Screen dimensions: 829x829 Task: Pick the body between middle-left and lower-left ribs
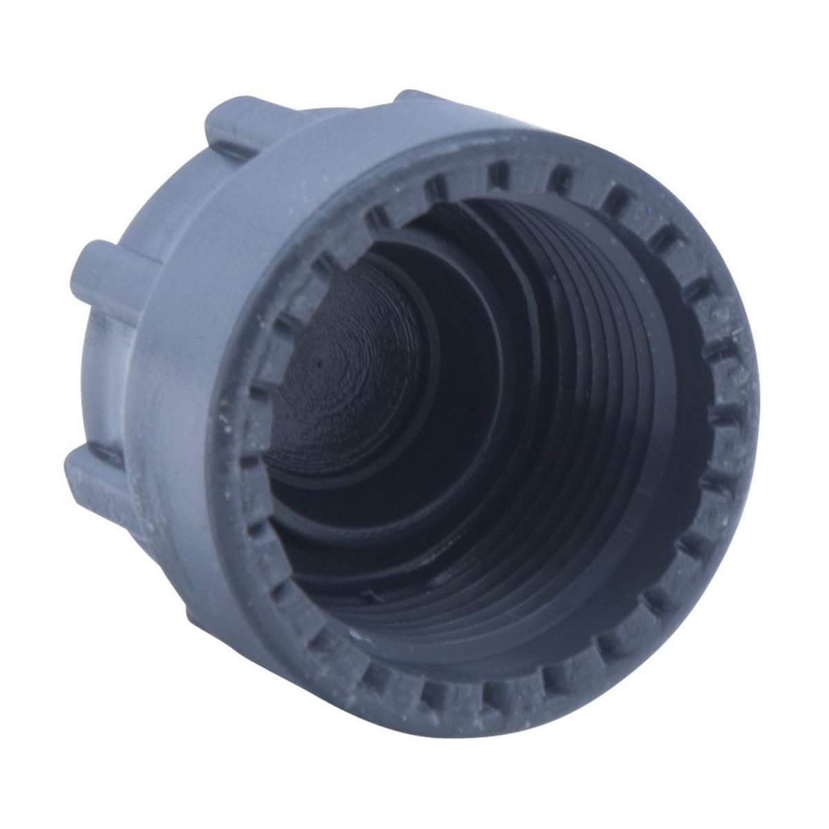pyautogui.click(x=104, y=366)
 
